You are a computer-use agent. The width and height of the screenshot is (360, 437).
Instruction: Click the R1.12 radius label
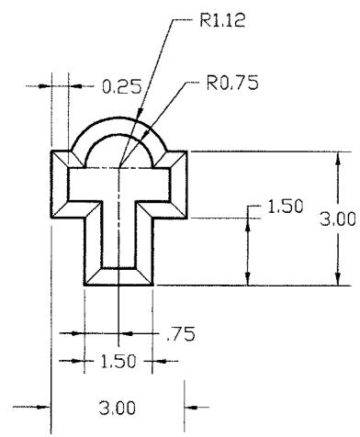tap(222, 20)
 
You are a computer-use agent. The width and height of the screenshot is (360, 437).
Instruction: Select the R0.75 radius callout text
tap(232, 83)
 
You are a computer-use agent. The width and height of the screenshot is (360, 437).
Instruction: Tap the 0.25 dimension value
tap(122, 86)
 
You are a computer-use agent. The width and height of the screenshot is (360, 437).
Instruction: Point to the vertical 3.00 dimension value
tap(338, 219)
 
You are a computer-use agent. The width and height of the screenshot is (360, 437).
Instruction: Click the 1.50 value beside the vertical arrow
tap(286, 206)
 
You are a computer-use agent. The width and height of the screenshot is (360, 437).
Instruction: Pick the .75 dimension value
tap(181, 334)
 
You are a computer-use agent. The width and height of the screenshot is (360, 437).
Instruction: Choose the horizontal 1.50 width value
tap(118, 362)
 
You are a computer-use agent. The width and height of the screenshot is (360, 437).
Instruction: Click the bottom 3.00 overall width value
tap(117, 408)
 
